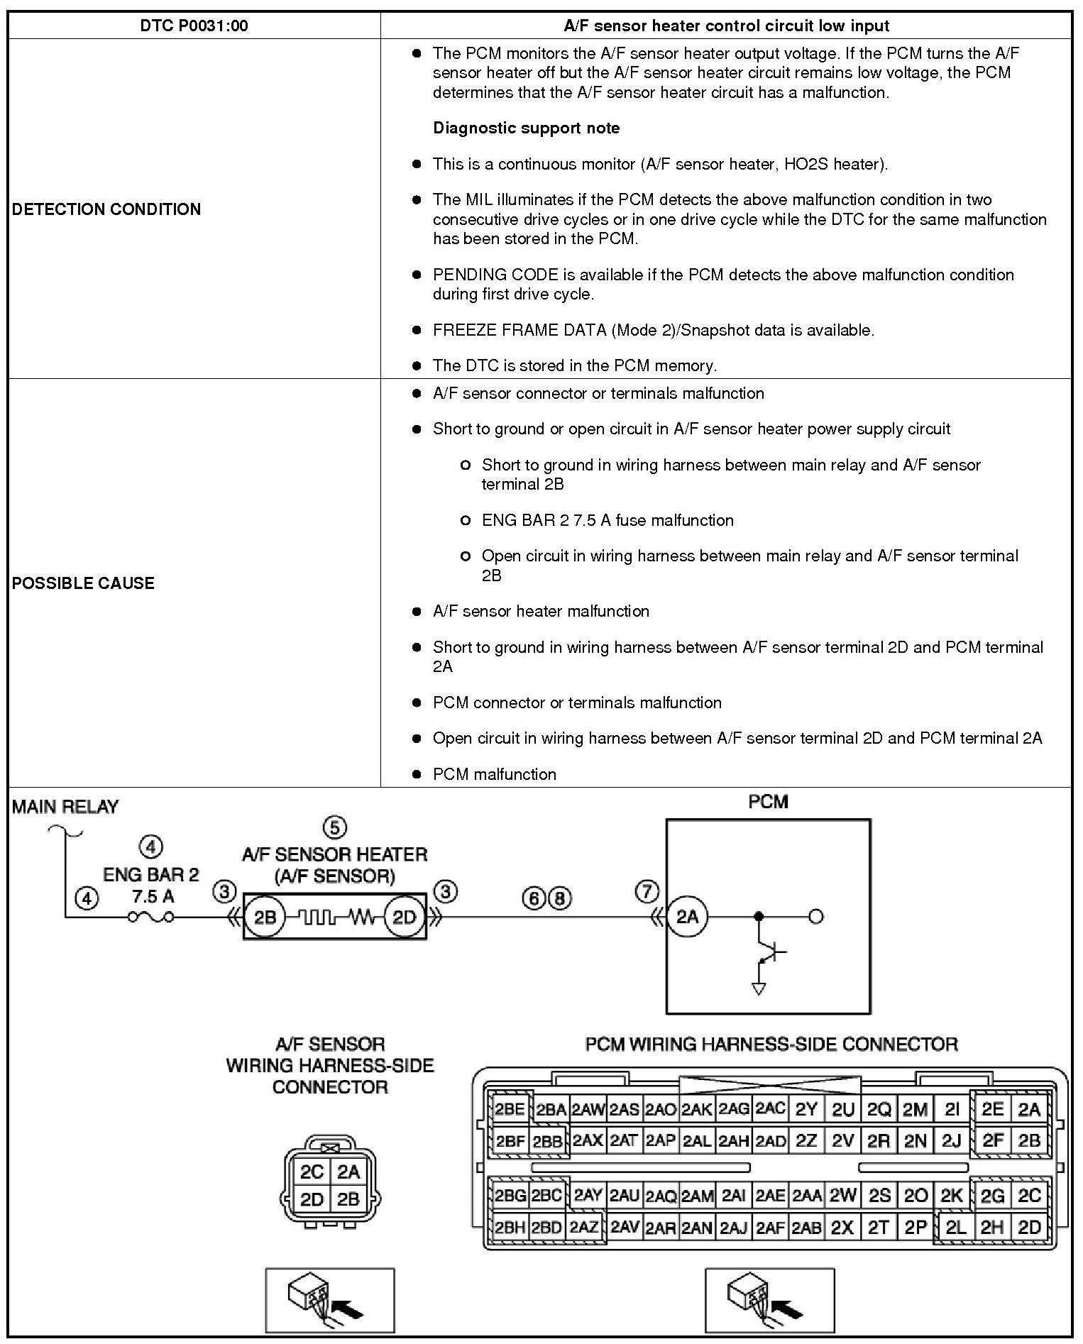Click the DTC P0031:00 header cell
[193, 26]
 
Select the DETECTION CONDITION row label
[106, 209]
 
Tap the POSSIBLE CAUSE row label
[83, 583]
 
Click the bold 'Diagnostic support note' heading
[526, 128]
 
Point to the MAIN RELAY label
[65, 807]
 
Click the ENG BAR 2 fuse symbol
[150, 917]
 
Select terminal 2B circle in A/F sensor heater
[265, 918]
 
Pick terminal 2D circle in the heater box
[404, 918]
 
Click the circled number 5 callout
[334, 827]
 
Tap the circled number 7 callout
[647, 891]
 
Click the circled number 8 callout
[560, 898]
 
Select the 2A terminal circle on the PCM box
[687, 917]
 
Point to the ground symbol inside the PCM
[759, 988]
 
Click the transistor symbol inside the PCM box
[770, 951]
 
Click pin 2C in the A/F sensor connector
[312, 1172]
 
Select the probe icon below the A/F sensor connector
[329, 1300]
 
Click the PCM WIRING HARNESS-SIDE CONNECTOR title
[771, 1044]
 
